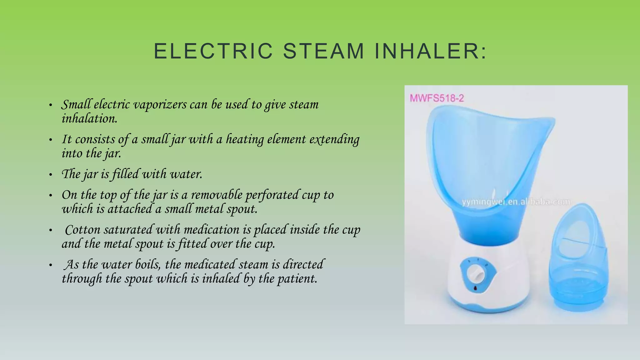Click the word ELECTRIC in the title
point(213,51)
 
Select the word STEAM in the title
point(324,51)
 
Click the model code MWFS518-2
point(437,98)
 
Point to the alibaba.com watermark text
point(516,202)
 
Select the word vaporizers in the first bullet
point(160,105)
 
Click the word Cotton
point(82,230)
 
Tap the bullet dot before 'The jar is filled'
point(51,175)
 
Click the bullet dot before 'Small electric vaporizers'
point(51,105)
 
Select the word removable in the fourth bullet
point(216,195)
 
